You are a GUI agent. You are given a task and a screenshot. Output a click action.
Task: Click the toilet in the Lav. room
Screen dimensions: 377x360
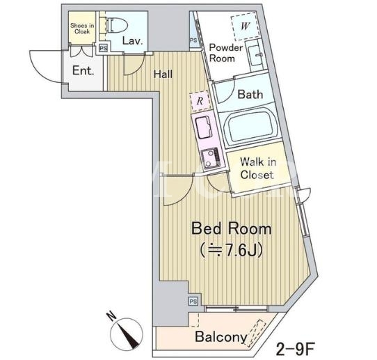click(117, 25)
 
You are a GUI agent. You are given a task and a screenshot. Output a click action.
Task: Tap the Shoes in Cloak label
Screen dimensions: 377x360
click(82, 29)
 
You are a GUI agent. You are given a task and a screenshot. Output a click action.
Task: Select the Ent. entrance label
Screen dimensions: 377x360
click(83, 71)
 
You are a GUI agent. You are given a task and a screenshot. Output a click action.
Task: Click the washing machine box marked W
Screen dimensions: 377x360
click(245, 27)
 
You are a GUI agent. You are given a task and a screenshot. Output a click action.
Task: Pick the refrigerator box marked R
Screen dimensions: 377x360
click(200, 101)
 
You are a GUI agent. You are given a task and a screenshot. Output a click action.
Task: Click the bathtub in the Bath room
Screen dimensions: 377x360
click(250, 127)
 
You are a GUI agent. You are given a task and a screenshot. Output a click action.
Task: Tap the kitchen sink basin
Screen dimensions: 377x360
click(203, 127)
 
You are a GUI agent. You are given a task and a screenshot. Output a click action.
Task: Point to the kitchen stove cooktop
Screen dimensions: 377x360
click(211, 157)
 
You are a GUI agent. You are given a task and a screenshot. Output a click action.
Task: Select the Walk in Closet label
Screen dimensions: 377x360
click(258, 169)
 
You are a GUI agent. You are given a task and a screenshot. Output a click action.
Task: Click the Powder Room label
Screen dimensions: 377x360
click(225, 53)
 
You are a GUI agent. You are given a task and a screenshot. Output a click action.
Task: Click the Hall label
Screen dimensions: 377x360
click(163, 74)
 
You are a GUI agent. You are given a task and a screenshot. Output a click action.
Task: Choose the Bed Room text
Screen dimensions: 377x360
click(232, 229)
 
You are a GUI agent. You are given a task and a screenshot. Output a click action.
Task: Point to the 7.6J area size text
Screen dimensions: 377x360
click(231, 251)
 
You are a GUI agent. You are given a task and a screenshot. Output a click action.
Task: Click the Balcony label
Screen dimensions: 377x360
click(221, 337)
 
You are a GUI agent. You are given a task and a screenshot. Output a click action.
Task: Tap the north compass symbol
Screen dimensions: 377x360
click(126, 333)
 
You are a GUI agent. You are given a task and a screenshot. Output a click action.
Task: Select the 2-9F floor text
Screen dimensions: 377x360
click(295, 349)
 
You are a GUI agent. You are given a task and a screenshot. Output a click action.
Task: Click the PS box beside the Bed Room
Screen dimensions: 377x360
click(193, 302)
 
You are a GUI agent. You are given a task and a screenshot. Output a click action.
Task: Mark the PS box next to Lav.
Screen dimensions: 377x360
click(104, 48)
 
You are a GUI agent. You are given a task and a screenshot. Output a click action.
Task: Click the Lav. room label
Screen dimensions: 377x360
click(133, 41)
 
